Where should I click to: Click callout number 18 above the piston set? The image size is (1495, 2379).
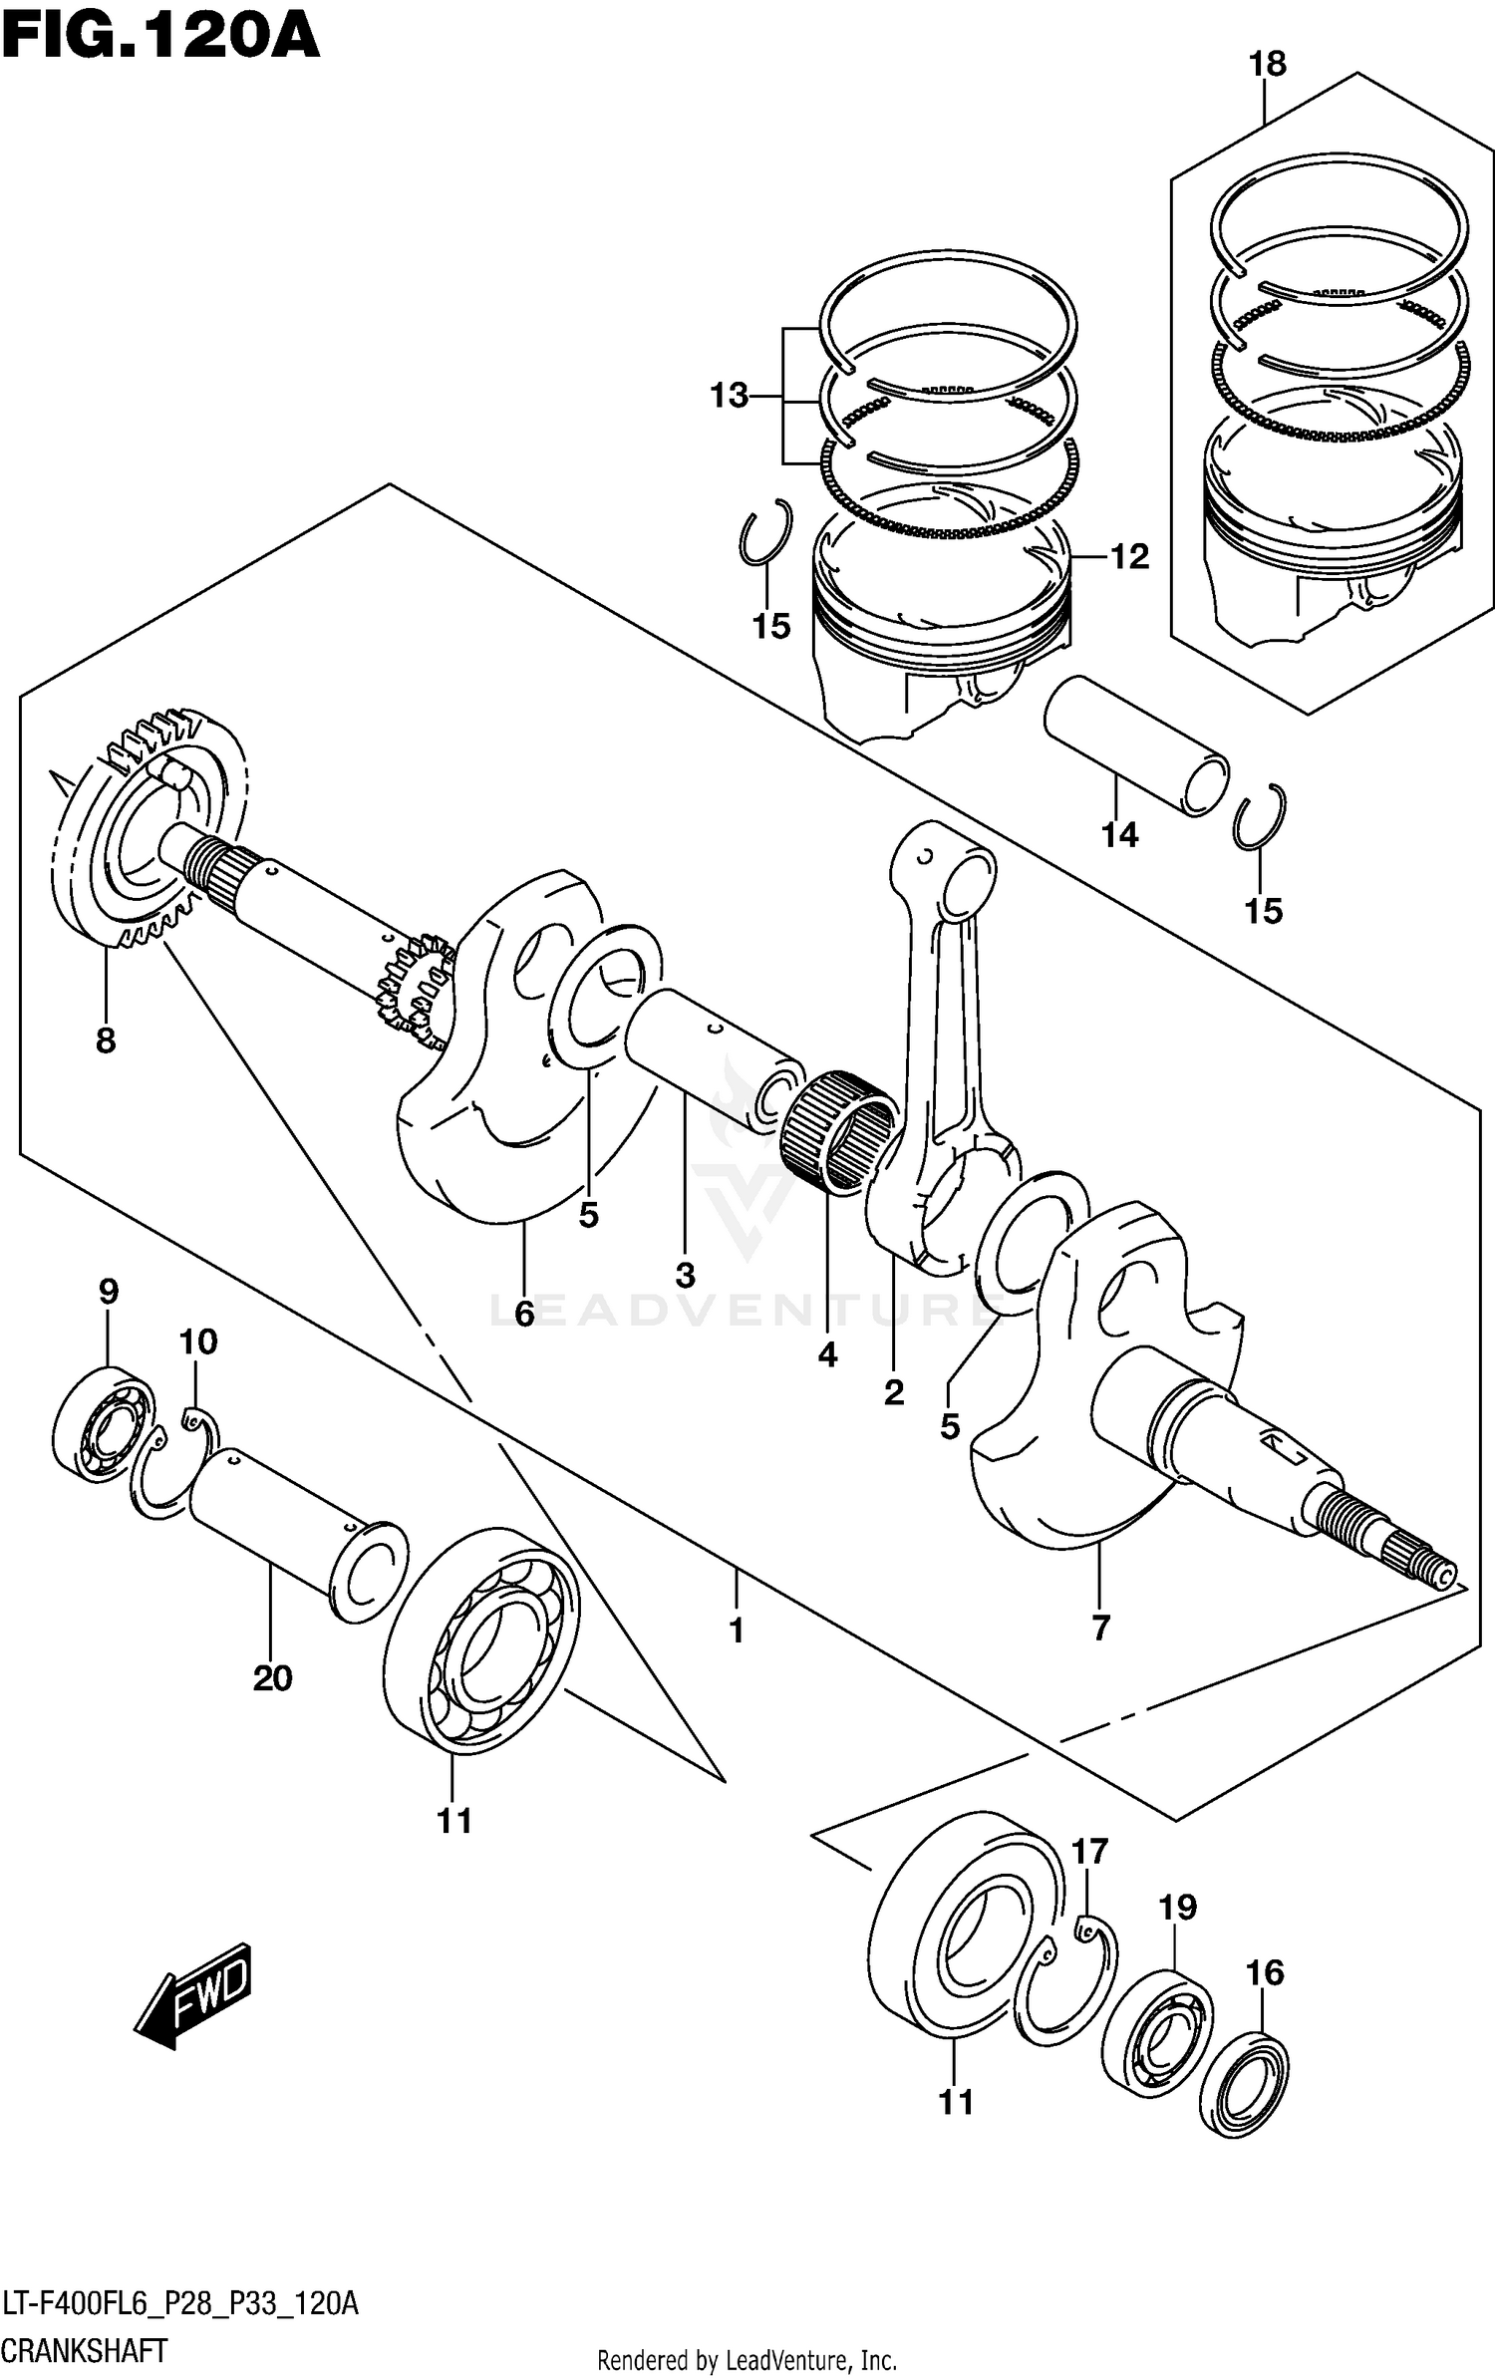[1267, 64]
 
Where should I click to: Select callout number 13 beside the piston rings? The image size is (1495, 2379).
[729, 396]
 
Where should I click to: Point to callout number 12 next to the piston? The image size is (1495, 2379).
[1129, 556]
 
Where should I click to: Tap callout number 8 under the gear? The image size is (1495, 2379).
[106, 1041]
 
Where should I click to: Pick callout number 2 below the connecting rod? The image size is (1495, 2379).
[893, 1392]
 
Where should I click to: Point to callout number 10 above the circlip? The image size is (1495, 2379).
[198, 1341]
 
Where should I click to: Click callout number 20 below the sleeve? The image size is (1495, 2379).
[272, 1677]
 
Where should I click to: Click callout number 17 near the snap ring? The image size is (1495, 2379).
[1090, 1851]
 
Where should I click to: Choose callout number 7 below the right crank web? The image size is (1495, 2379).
[1100, 1628]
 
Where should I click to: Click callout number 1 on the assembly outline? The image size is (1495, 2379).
[737, 1631]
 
